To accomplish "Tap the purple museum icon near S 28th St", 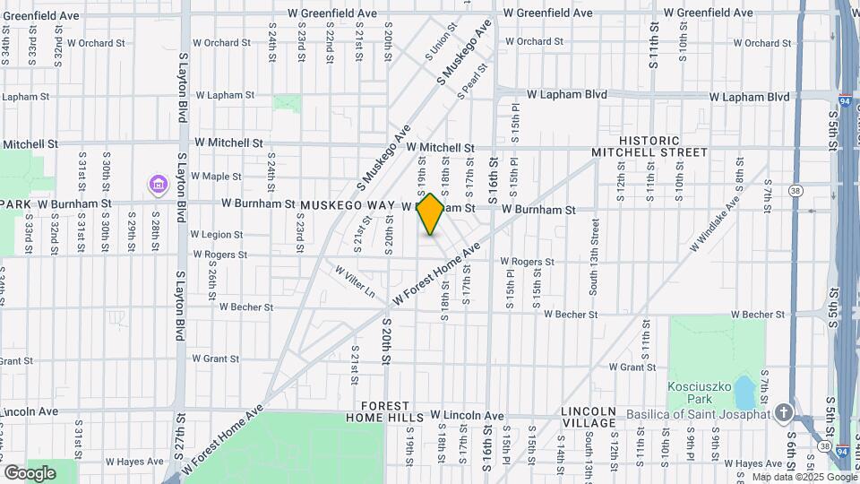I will tap(158, 185).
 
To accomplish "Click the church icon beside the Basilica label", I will tap(784, 413).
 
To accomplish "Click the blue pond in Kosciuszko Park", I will tap(744, 391).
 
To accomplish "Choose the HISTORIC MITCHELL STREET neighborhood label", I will tap(649, 147).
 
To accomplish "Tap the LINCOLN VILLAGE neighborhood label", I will tap(589, 417).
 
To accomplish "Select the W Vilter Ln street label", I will tap(355, 281).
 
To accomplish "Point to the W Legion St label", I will tap(217, 234).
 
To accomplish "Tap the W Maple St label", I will tap(216, 176).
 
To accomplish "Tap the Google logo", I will tap(30, 471).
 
